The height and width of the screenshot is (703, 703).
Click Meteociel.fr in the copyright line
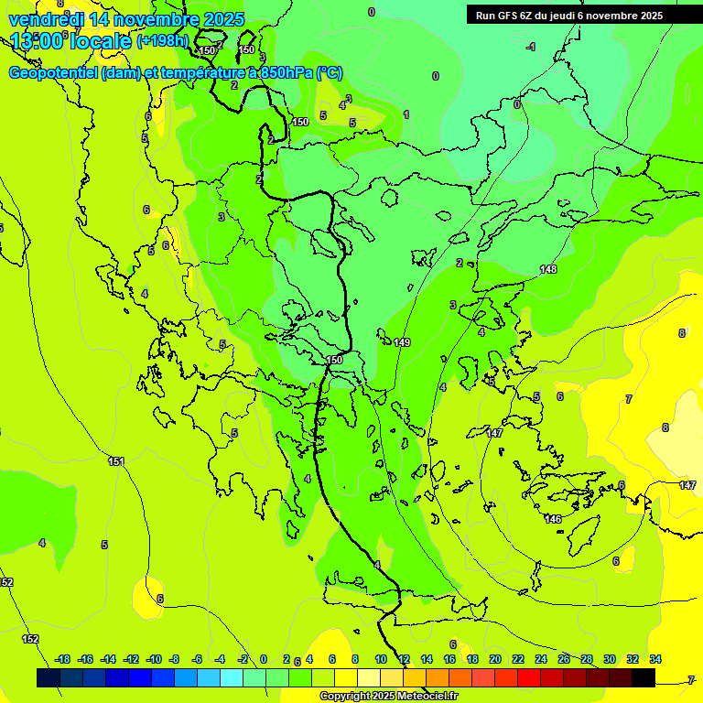coord(421,697)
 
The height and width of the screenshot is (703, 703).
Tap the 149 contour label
coord(402,342)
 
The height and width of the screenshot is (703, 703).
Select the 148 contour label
coord(548,269)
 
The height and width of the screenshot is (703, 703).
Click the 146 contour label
coord(553,519)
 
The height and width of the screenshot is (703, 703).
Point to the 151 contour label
coord(116,462)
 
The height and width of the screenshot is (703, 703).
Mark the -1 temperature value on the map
coord(531,46)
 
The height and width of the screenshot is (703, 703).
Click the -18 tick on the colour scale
coord(62,659)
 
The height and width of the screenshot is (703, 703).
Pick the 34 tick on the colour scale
coord(655,659)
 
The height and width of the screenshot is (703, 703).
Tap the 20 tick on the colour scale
coord(495,659)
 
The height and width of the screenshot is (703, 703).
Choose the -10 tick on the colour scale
coord(153,659)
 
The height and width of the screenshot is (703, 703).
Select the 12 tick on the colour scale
coord(404,659)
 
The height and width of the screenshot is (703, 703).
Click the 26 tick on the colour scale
coord(564,659)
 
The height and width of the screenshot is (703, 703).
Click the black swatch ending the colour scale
coord(644,677)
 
